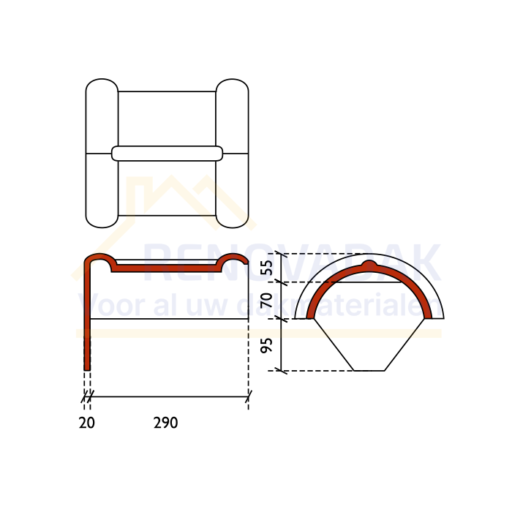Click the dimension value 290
click(165, 423)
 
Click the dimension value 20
click(87, 423)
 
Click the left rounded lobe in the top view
click(102, 153)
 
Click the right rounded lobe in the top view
click(232, 153)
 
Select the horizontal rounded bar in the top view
click(167, 154)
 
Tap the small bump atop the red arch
click(369, 263)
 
